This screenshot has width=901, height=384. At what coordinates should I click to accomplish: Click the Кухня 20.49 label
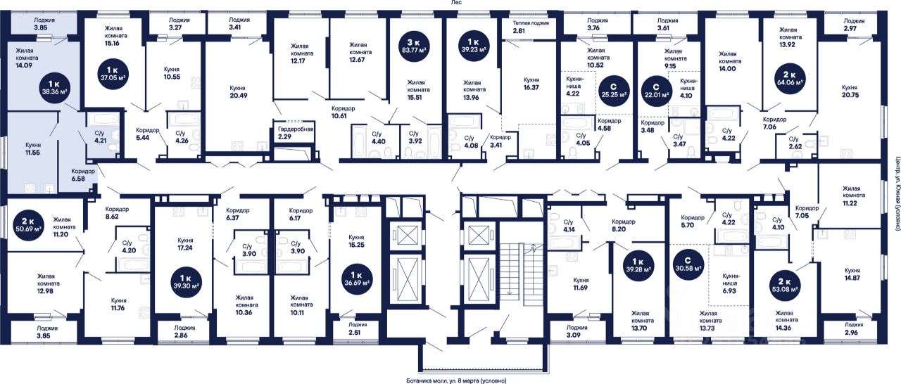tap(237, 93)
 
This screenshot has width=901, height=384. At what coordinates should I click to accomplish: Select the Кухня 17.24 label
tap(185, 244)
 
